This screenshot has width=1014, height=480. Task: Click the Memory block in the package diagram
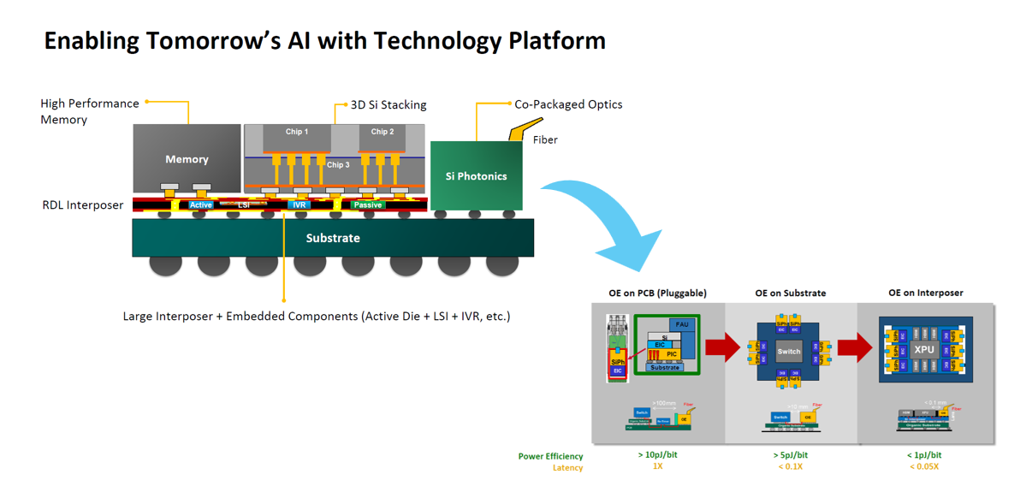(187, 159)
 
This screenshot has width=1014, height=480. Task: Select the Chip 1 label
(297, 132)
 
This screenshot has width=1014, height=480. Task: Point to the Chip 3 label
(338, 164)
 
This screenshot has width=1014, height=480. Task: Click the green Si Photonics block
(476, 176)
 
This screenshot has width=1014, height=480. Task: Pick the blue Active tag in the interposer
(201, 205)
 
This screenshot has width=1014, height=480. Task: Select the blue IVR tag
(299, 205)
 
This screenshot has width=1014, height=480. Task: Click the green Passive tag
(368, 205)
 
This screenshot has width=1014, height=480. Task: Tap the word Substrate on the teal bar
(333, 238)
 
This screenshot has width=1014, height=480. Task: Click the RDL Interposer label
(83, 205)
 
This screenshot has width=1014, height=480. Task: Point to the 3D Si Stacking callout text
(388, 105)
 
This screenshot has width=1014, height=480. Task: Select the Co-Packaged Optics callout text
(568, 104)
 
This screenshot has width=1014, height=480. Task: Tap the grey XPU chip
(924, 349)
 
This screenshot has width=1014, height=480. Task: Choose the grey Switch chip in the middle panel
(789, 351)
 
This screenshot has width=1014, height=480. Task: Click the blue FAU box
(682, 325)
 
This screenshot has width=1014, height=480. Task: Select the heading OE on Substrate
(790, 293)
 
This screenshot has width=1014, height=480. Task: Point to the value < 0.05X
(924, 466)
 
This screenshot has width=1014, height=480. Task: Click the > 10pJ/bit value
(657, 455)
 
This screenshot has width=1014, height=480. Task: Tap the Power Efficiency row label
(550, 456)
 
